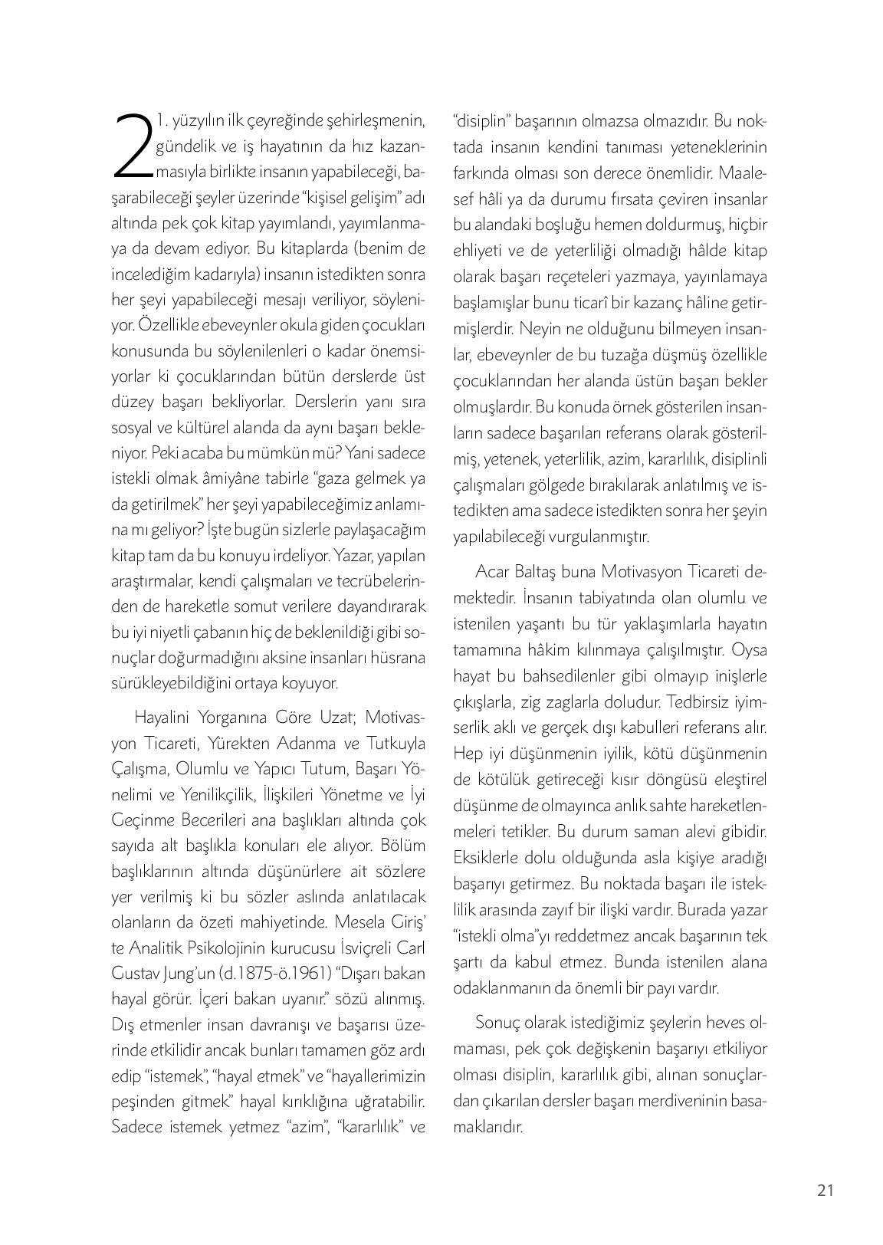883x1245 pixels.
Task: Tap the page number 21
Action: click(826, 1191)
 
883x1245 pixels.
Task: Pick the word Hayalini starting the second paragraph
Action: click(162, 718)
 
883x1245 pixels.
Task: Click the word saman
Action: click(664, 832)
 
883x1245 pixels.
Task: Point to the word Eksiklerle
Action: click(486, 857)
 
